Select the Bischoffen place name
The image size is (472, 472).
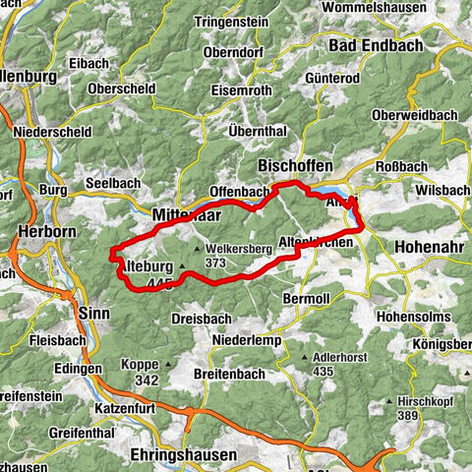point(294,164)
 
